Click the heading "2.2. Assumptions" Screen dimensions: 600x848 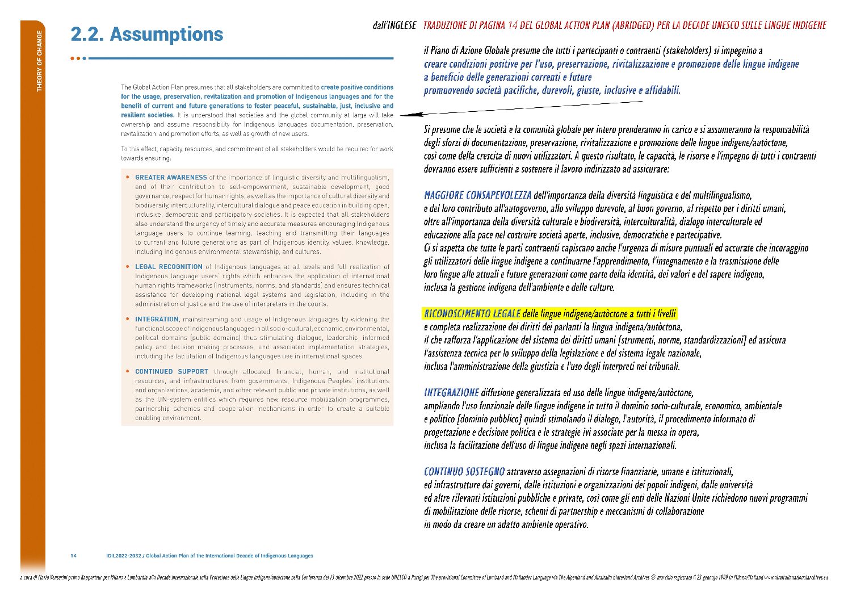[147, 35]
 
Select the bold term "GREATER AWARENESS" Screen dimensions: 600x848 [171, 178]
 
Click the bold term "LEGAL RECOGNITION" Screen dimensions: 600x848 [169, 267]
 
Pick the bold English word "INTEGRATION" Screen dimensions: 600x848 [157, 320]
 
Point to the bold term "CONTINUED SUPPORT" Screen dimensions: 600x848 [171, 372]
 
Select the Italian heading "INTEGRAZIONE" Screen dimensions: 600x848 [451, 393]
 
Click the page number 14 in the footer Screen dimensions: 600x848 [74, 556]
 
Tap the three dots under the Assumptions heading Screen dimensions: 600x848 [79, 58]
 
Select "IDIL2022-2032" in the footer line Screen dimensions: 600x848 [123, 556]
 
